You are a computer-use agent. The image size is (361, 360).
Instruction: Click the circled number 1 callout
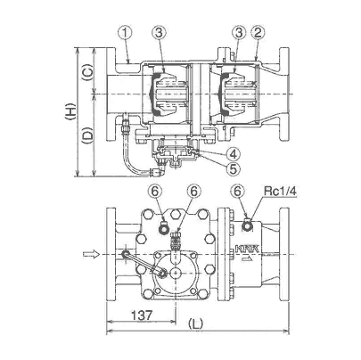[126, 33]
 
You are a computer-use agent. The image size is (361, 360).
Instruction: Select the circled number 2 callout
[258, 33]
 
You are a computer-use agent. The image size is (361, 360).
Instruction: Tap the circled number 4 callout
[233, 154]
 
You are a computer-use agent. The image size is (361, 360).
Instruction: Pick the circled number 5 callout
[233, 168]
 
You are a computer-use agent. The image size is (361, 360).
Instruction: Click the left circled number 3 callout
[159, 33]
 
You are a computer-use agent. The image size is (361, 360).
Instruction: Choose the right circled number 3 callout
[239, 33]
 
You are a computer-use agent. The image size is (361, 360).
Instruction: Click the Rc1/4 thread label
[280, 192]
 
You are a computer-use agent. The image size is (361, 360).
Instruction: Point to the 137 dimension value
[142, 315]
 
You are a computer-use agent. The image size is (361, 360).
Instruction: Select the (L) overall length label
[196, 323]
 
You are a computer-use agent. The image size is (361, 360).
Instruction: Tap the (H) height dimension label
[70, 111]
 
